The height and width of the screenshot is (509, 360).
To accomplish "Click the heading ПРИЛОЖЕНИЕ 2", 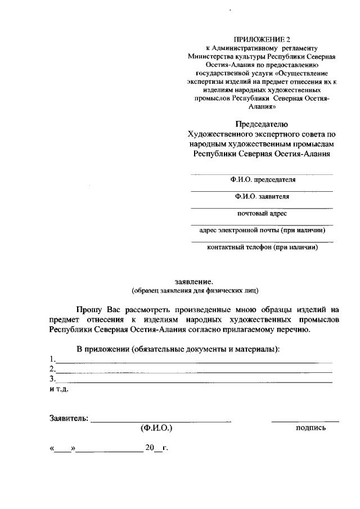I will click(x=262, y=40).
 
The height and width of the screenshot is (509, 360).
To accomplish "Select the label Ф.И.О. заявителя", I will click(x=262, y=197).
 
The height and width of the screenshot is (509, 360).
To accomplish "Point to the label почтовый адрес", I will click(x=262, y=214).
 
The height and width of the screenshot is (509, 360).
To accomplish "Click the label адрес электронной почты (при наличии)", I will click(x=262, y=230).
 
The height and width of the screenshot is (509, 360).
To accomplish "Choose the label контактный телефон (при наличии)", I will click(x=262, y=247).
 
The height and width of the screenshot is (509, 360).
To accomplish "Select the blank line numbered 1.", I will click(x=194, y=361).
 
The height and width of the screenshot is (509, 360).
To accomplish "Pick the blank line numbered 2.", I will click(x=194, y=371).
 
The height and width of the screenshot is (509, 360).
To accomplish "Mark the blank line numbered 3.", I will click(x=194, y=381).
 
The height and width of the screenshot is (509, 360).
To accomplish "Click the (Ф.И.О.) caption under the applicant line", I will click(x=156, y=428).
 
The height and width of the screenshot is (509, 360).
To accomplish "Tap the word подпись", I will click(x=310, y=428).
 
